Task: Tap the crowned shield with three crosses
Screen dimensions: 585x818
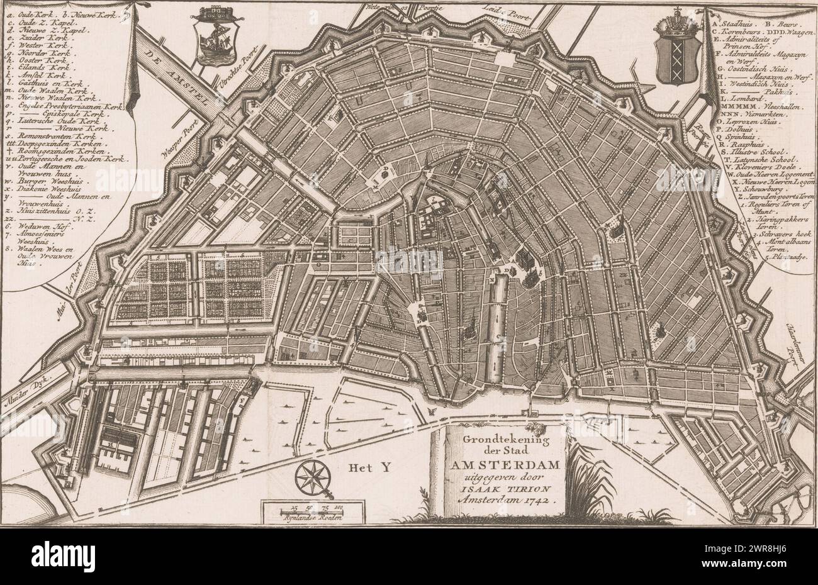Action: tap(678, 55)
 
